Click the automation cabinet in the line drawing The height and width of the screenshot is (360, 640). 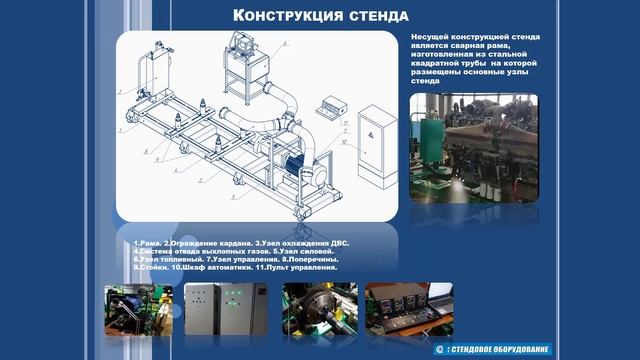point(378,146)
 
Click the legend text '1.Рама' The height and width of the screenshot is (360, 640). point(146,244)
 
